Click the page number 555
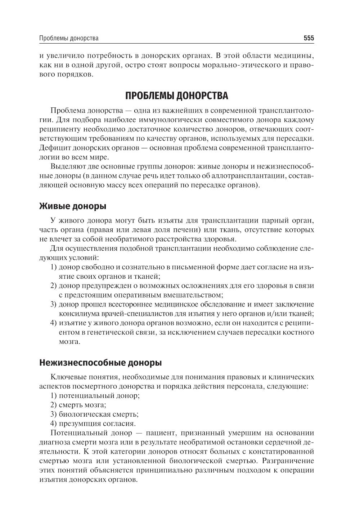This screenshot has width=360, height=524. click(309, 38)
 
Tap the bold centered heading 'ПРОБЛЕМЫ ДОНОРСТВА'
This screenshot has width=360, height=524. click(176, 96)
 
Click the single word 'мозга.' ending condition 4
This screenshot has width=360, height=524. click(69, 342)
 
